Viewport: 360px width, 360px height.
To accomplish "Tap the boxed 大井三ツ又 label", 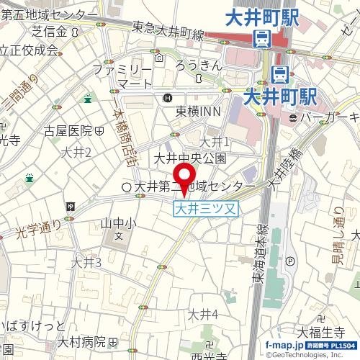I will tap(206, 208).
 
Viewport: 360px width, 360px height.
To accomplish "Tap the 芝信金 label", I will tap(50, 32).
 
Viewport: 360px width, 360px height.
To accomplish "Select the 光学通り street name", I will tap(40, 230).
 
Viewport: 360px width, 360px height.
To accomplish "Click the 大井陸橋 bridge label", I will tap(285, 170).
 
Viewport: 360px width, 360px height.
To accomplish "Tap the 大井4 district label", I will tap(202, 314).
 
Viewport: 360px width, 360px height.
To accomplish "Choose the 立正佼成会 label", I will tap(29, 50).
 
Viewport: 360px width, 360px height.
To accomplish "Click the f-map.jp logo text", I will tap(285, 346).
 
